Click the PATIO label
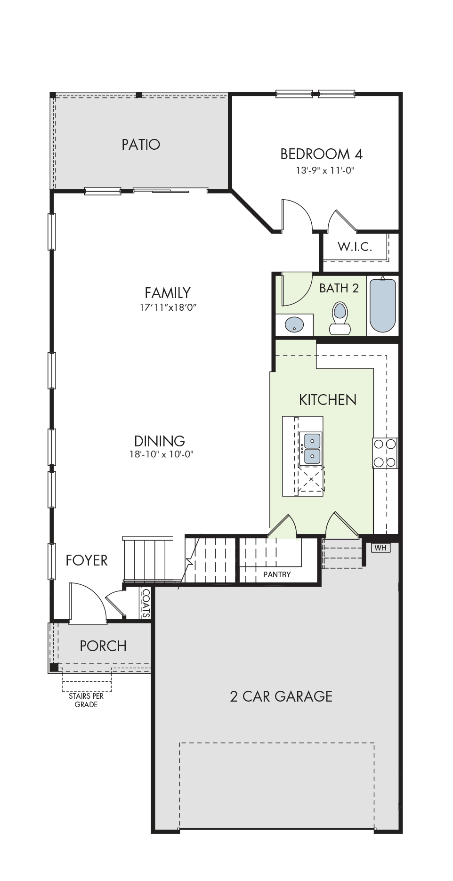[x=141, y=144]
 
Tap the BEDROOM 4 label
[x=321, y=154]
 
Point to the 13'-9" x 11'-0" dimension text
[x=324, y=170]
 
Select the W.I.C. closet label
[x=355, y=246]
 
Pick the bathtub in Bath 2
[x=382, y=305]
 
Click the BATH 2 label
[x=339, y=288]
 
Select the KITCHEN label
[x=328, y=400]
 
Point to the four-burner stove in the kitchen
[x=385, y=453]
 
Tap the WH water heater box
[x=380, y=548]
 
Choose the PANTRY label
[x=277, y=574]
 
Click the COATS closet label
[x=146, y=603]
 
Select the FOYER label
[x=87, y=560]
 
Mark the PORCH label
[x=103, y=646]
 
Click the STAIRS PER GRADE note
[x=86, y=700]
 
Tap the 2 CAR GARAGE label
[x=281, y=696]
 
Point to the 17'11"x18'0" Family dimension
[x=168, y=307]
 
